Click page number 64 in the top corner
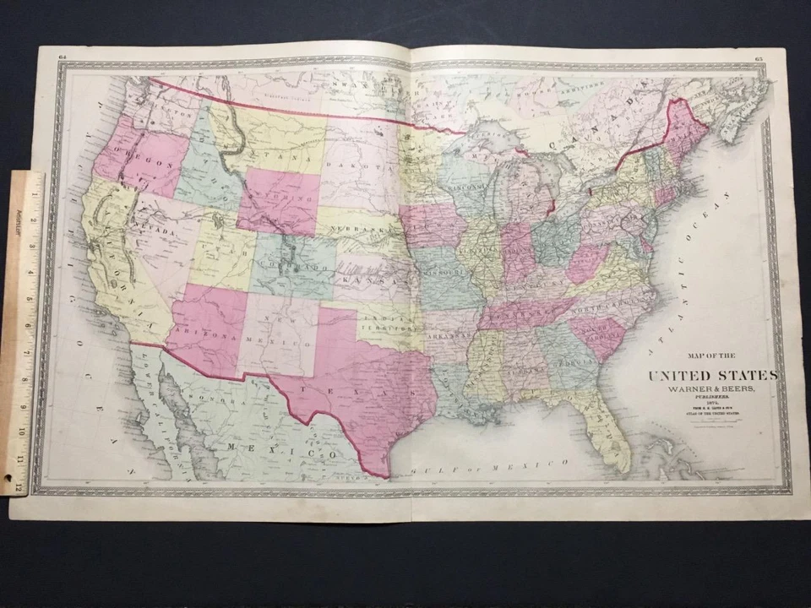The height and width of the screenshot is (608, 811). click(63, 57)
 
